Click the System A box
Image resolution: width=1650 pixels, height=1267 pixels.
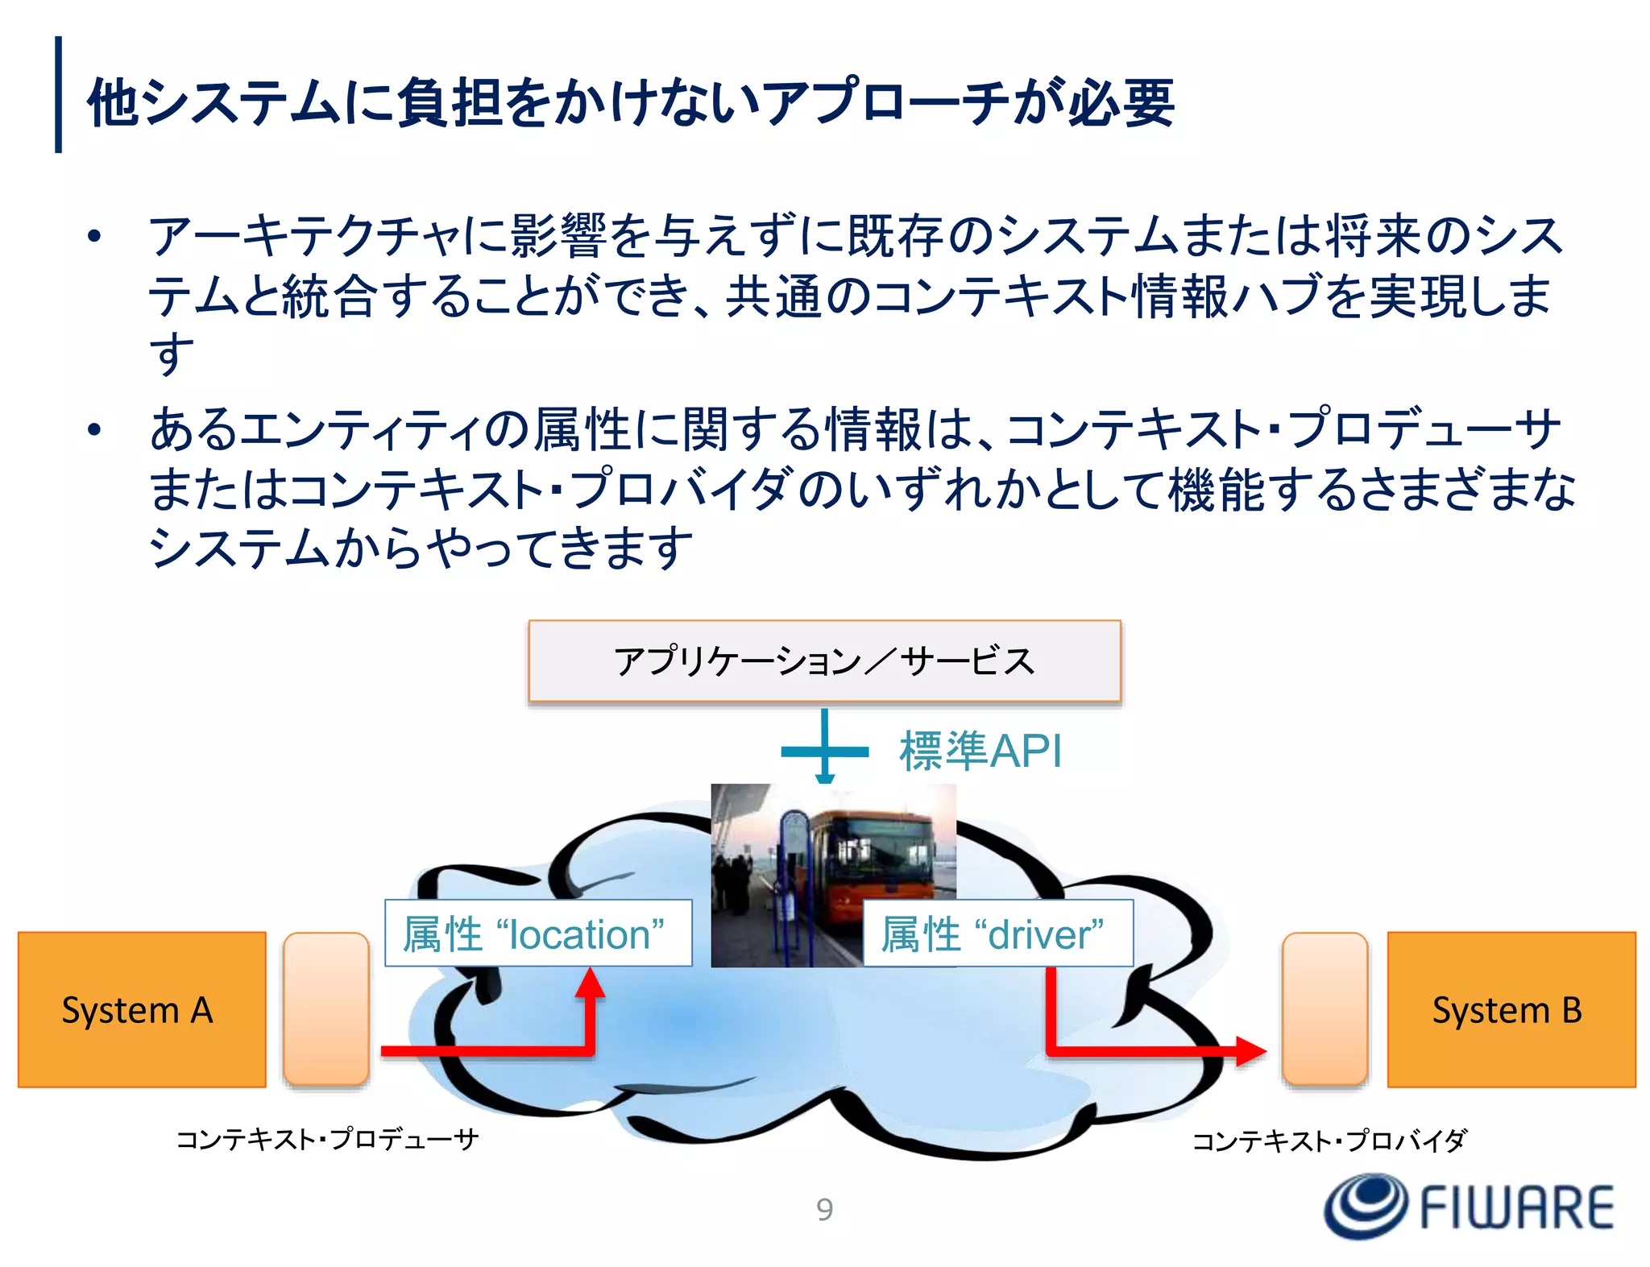142,1009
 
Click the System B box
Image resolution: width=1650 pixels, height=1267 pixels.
1511,1009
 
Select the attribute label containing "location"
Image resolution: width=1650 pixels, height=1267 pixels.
537,933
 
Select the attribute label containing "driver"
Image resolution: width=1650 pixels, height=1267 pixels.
997,933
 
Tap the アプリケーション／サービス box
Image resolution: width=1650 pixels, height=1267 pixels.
824,660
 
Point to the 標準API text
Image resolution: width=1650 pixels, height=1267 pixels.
980,751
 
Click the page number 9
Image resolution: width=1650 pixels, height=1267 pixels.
824,1209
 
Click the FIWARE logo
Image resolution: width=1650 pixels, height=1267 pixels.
1468,1207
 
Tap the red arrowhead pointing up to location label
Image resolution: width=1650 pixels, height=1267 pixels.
590,984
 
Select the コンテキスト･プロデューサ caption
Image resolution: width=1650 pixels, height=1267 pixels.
327,1139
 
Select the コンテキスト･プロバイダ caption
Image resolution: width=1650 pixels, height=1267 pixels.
1329,1141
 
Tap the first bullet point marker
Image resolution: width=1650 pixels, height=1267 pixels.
95,237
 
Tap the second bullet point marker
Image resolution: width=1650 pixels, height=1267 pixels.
95,429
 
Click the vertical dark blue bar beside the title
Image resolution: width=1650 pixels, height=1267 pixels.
58,94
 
